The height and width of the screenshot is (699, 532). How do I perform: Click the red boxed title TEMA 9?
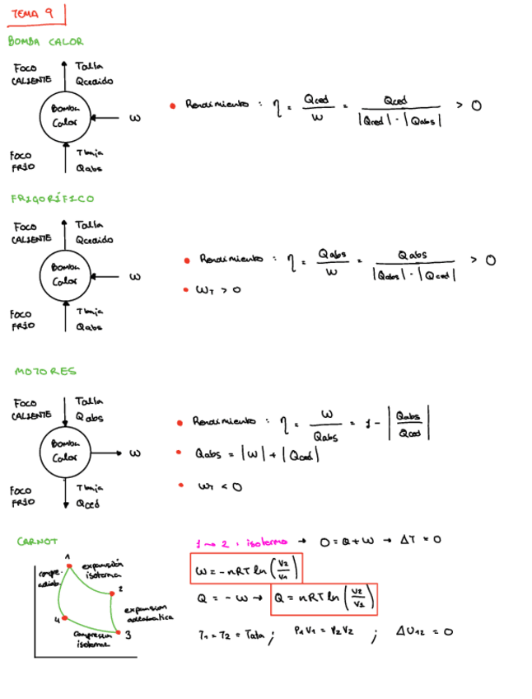35,14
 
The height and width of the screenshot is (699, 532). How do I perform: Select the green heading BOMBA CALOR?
45,41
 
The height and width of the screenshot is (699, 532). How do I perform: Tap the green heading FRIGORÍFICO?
52,199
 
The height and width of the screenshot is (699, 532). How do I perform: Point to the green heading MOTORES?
45,372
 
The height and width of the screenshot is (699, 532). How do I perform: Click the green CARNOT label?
37,542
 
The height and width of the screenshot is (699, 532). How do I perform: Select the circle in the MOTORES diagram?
65,452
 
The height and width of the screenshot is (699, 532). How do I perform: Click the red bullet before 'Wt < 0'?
180,486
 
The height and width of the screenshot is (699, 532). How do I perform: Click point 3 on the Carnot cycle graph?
119,633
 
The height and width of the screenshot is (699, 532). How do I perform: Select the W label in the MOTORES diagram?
135,453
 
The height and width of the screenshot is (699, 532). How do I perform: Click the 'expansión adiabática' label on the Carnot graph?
149,612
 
